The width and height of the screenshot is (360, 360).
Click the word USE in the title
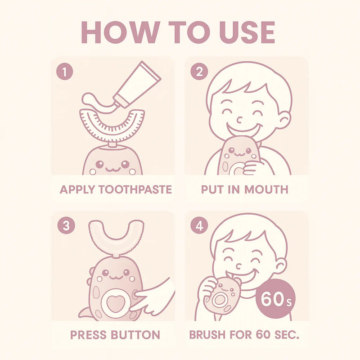click(247, 32)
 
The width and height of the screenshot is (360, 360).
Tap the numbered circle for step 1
click(65, 72)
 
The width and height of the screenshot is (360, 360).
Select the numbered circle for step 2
click(199, 72)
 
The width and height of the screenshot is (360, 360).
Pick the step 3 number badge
click(66, 225)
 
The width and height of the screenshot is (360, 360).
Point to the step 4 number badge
click(199, 225)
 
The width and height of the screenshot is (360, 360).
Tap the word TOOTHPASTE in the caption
click(135, 189)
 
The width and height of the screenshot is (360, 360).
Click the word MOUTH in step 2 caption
click(266, 189)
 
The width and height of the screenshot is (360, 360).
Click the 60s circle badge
click(275, 299)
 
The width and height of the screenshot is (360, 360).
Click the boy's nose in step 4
click(239, 266)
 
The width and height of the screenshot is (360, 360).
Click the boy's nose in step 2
click(240, 120)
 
